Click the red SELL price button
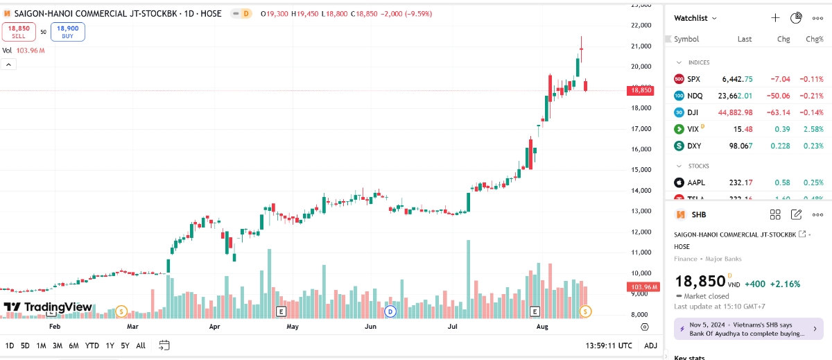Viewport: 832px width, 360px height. click(18, 31)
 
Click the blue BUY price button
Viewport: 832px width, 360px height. click(67, 31)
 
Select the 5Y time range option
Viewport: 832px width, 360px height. click(125, 345)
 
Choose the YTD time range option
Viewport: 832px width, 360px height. click(92, 345)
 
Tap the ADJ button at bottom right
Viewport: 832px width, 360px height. click(650, 345)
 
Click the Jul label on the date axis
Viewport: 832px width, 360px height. click(453, 325)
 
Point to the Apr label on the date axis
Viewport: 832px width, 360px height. click(214, 325)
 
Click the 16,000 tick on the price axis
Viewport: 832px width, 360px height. click(641, 149)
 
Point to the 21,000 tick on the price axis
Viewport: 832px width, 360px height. click(641, 46)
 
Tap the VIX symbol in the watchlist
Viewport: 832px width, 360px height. click(694, 129)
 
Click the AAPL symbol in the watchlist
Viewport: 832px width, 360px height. click(696, 182)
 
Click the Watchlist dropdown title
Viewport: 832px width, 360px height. click(695, 18)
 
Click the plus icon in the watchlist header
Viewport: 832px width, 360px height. click(775, 18)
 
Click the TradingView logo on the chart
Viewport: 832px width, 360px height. click(48, 307)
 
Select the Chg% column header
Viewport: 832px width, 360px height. click(814, 40)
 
